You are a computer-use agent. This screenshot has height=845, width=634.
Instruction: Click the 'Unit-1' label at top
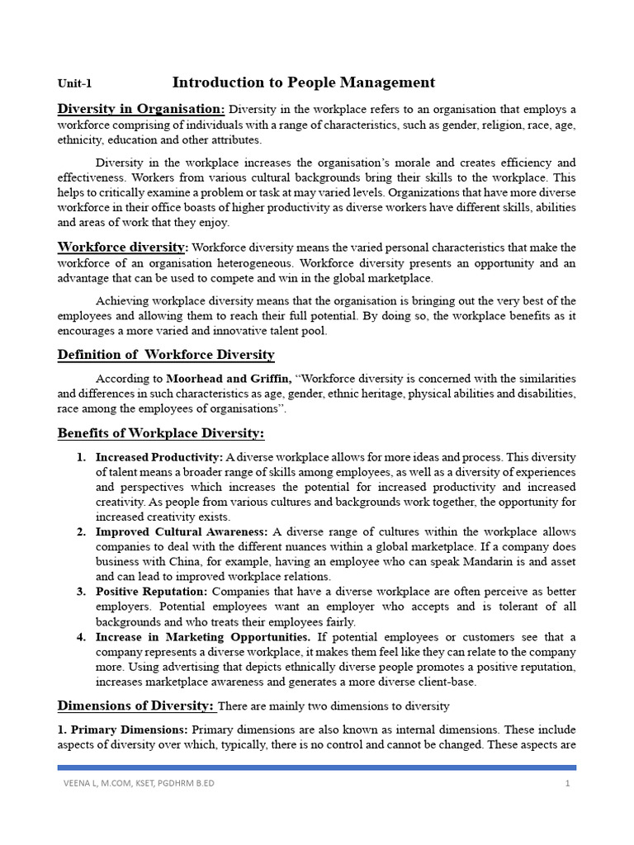74,83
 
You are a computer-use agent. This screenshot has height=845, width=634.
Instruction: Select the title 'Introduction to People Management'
303,82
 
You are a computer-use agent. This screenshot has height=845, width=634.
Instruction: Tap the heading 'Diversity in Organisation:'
140,110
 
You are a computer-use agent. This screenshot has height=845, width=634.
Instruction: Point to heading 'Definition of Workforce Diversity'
166,355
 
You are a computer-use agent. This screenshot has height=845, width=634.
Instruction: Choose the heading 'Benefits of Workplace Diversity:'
160,433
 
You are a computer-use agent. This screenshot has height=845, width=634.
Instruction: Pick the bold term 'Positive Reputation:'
153,592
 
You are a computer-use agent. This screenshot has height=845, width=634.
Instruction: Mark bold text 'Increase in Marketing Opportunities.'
203,637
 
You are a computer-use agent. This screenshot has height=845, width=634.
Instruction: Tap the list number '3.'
82,592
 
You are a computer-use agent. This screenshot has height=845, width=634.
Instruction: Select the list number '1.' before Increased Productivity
82,457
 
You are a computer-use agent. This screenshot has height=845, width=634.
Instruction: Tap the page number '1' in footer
568,784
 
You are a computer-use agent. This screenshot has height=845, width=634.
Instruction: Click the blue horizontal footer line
316,767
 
